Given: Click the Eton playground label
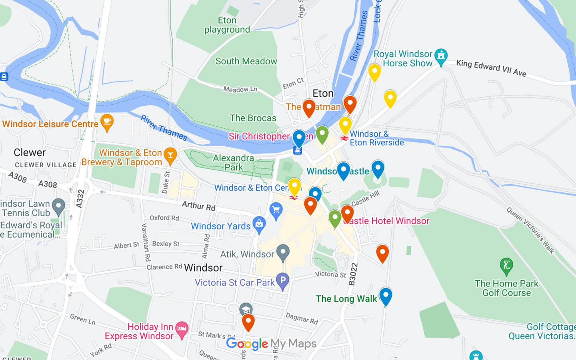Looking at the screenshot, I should (227, 25).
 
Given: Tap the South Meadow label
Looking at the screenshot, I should (246, 61).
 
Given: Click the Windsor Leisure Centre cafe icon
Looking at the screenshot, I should (107, 122).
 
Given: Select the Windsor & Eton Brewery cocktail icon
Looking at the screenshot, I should (170, 156).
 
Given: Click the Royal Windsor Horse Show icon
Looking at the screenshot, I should (441, 57).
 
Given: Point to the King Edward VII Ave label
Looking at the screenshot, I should (491, 68).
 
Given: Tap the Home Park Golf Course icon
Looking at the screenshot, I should (506, 266).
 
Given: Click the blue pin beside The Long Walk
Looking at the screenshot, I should (386, 296).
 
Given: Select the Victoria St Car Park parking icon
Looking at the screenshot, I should (283, 281).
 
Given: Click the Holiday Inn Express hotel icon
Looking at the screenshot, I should (182, 330).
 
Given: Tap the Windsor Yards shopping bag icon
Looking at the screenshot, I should (259, 225).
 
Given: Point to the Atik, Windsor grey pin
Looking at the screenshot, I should (283, 252).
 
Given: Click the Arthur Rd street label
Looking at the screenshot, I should (198, 206).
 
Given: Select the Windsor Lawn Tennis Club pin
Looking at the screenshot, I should (59, 206).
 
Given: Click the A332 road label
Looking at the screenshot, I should (80, 198).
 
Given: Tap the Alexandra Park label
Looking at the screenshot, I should (234, 163).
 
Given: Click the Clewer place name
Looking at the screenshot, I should (30, 152).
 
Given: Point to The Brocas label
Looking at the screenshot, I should (253, 118).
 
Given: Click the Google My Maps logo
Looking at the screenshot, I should (271, 344).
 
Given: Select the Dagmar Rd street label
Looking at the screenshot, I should (302, 318).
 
